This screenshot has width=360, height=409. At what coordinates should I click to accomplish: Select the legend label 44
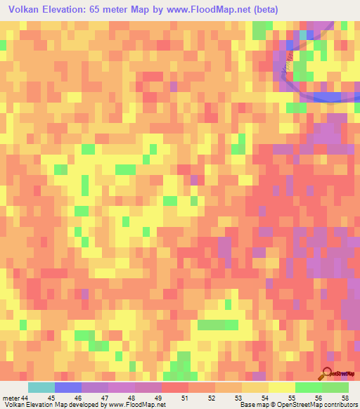coord(25,397)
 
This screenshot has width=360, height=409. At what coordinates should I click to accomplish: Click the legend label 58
coord(345,397)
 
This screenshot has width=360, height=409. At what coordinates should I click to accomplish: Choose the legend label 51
coord(184,397)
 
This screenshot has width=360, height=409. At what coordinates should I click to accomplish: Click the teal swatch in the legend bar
coord(41,387)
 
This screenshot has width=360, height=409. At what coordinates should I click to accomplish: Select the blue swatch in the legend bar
coord(67,387)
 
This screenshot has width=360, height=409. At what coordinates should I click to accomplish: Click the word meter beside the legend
coord(11,397)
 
